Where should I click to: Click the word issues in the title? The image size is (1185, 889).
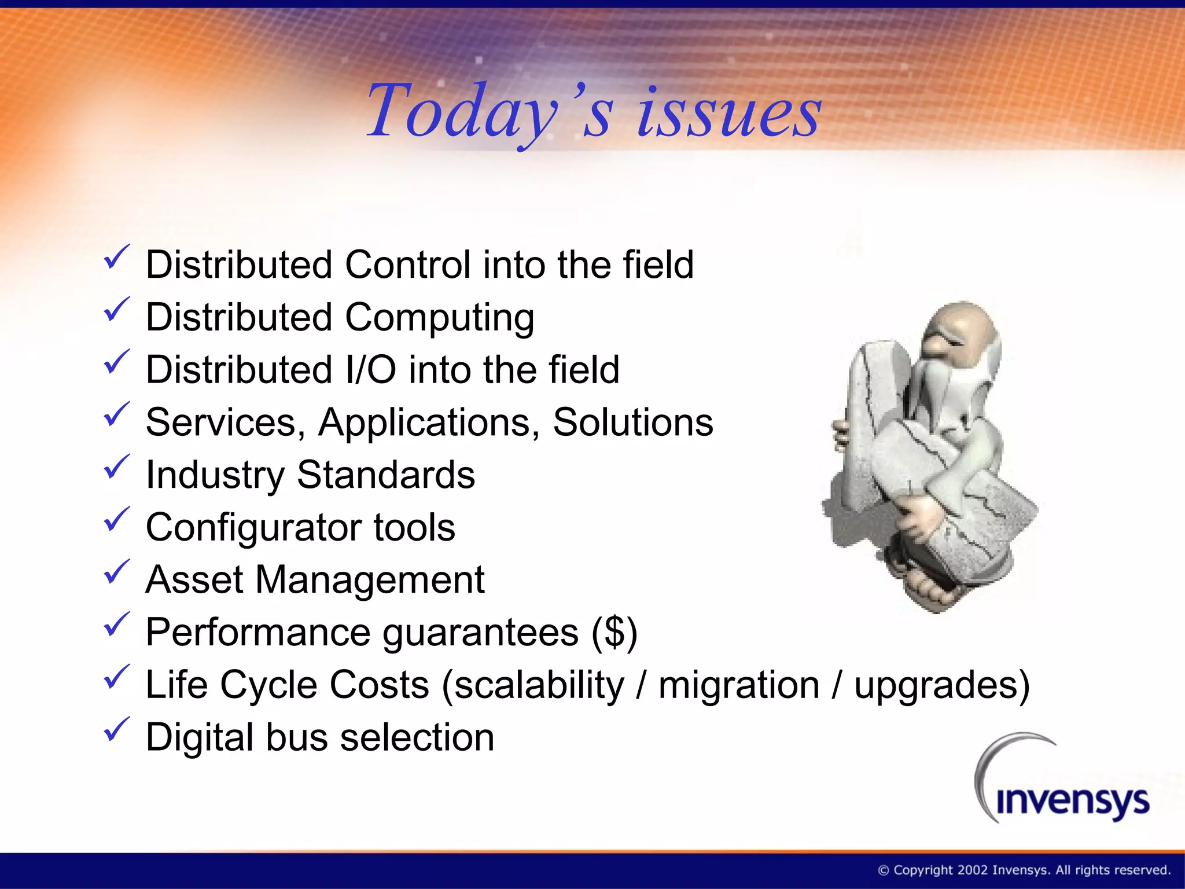click(729, 113)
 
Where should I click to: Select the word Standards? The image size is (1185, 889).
click(386, 475)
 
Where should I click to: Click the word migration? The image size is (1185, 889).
click(739, 685)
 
